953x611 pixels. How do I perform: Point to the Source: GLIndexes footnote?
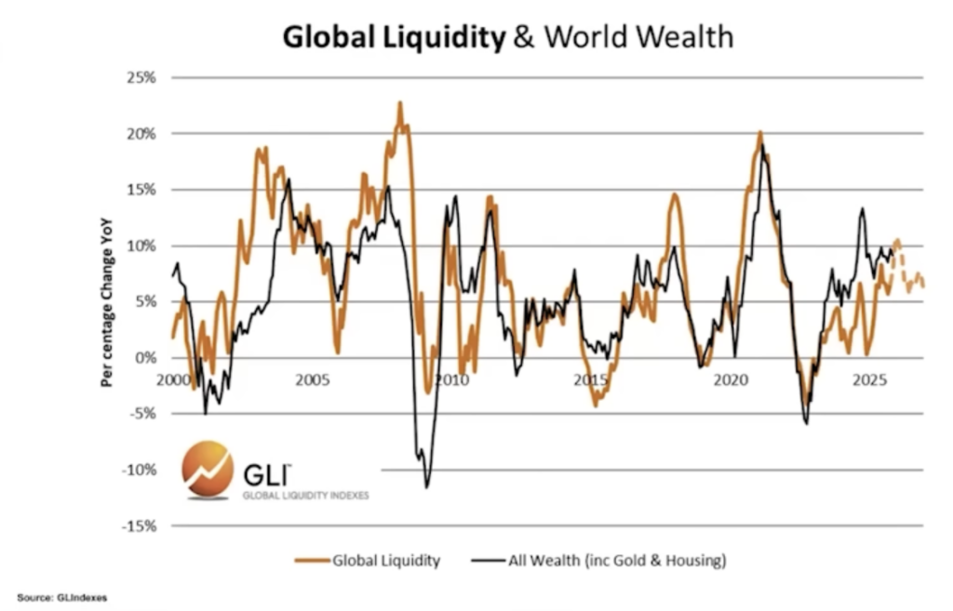pyautogui.click(x=61, y=597)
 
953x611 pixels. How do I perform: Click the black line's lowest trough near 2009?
pyautogui.click(x=427, y=485)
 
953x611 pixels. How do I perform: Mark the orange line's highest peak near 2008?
pyautogui.click(x=400, y=104)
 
